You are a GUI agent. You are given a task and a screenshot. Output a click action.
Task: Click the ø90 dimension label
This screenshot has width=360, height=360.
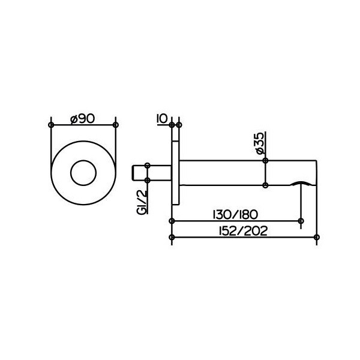point(83,119)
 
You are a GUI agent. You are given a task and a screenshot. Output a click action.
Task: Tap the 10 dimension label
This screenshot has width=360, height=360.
point(163,119)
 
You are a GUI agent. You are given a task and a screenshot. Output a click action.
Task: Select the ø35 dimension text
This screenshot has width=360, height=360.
point(260,143)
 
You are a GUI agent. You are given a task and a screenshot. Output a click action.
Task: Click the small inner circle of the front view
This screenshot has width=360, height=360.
point(83,173)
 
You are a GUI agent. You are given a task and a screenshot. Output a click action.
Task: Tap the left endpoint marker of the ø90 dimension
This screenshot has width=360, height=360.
point(51,125)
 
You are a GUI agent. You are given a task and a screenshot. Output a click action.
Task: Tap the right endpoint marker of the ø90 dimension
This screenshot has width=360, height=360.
point(116,125)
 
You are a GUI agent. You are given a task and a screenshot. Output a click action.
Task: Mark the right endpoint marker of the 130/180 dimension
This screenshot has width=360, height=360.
point(301,221)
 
